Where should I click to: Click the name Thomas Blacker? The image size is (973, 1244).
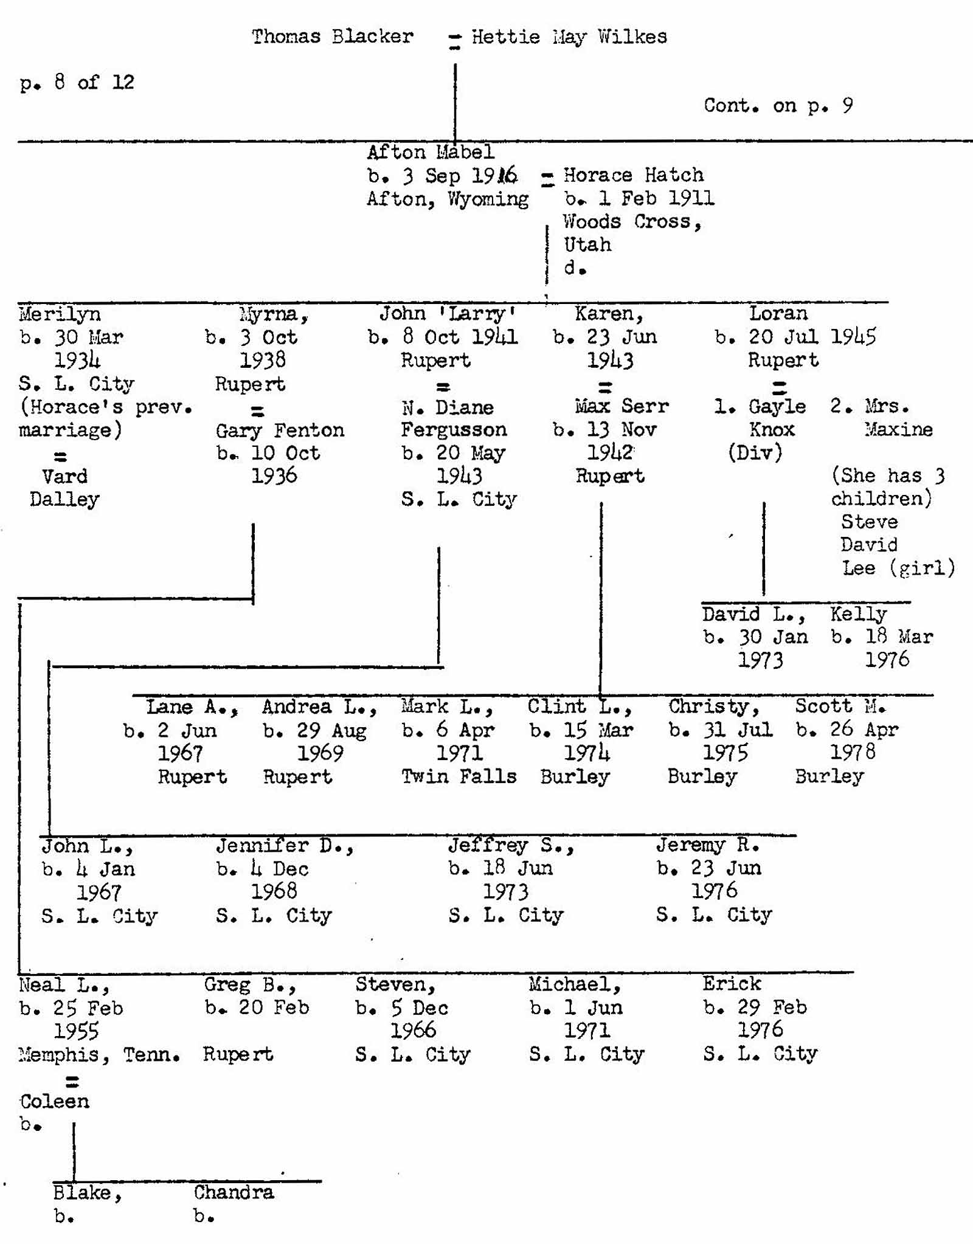332,36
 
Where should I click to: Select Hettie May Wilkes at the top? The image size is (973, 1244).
569,37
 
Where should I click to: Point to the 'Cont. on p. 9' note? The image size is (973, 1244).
778,105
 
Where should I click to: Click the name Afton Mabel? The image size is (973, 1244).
430,152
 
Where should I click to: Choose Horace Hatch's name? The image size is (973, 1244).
633,175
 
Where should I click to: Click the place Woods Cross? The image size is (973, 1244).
632,221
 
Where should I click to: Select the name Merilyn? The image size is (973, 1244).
60,314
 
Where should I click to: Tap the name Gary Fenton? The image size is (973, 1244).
280,430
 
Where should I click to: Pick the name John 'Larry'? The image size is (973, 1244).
448,314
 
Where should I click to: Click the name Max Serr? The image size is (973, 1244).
622,406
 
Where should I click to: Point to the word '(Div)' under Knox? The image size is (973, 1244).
755,452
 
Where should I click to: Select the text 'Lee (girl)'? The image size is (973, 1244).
898,568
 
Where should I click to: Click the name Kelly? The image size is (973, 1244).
859,613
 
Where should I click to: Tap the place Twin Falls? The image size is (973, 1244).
459,776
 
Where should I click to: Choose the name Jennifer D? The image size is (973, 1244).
283,846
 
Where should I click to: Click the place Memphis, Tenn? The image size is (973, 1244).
99,1054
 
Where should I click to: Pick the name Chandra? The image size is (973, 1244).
234,1193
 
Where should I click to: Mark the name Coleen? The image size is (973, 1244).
54,1101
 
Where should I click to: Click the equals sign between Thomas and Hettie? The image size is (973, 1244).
454,41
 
